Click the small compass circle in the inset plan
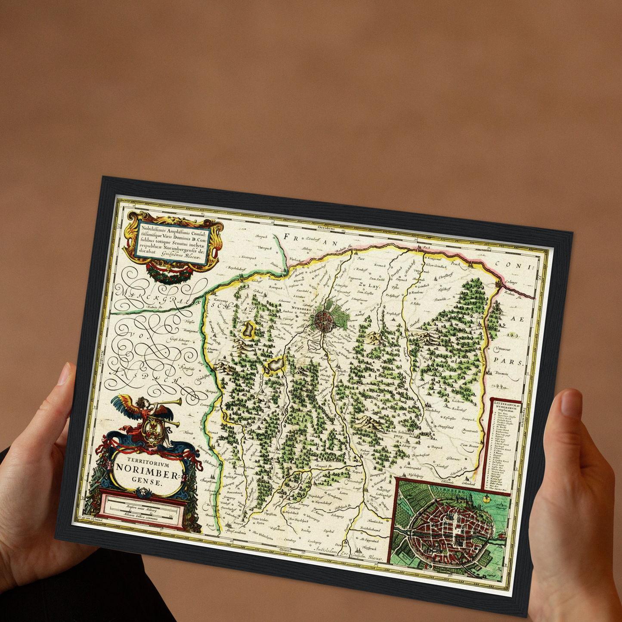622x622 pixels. [x=487, y=499]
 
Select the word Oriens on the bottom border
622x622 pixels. [x=285, y=551]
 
